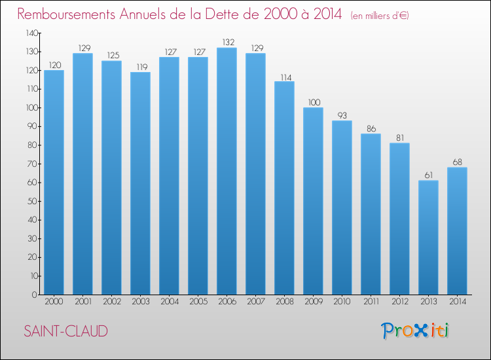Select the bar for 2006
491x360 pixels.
point(227,171)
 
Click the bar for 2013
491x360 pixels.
point(428,238)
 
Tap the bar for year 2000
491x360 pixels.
point(54,183)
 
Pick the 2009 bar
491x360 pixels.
point(313,201)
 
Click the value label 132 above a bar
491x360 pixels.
point(228,42)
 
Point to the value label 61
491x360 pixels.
point(429,175)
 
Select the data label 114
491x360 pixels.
point(286,77)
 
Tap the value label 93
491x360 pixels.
point(342,115)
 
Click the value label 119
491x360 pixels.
point(142,67)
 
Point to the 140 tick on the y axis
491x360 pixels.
point(32,33)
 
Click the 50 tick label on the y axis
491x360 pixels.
point(33,202)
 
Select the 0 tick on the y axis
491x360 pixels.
point(35,295)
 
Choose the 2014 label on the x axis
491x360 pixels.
point(458,302)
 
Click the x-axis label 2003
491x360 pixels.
point(141,302)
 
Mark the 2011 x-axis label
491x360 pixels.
point(371,302)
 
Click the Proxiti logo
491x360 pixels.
point(415,331)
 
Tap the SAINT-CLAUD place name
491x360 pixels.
point(65,331)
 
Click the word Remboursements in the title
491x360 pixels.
point(66,14)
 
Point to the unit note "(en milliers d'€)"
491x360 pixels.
point(380,16)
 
